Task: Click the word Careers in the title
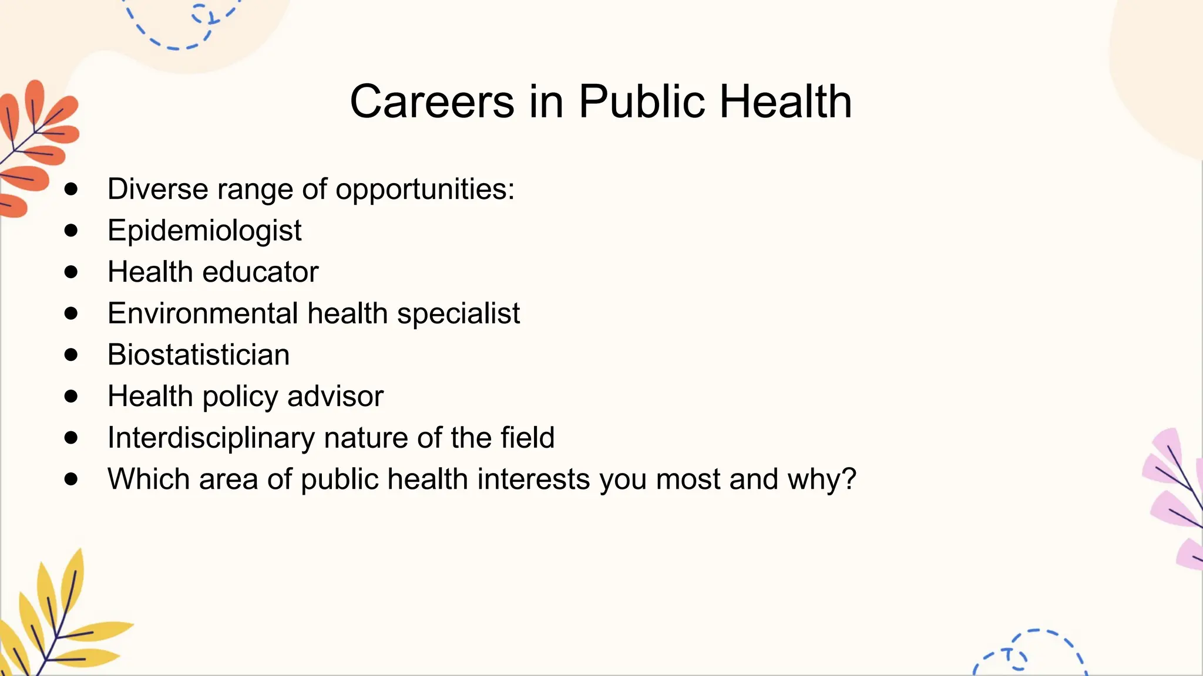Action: click(432, 102)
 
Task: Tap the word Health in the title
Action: click(785, 102)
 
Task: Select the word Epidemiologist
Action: click(204, 230)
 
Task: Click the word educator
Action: click(260, 272)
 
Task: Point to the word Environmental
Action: click(203, 313)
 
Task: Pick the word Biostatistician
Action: click(198, 354)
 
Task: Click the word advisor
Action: click(335, 396)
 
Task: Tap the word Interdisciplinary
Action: click(211, 438)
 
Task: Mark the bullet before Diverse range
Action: click(71, 189)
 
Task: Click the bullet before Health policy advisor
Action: click(71, 396)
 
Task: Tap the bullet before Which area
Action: click(71, 479)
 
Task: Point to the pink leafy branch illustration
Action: click(1175, 499)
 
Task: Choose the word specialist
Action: click(458, 313)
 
